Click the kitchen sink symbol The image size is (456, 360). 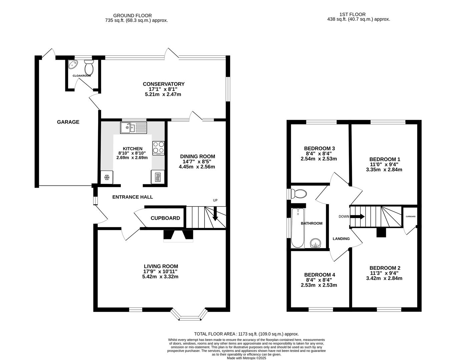133,127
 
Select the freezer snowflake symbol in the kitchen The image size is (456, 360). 107,177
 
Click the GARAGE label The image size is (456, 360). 68,122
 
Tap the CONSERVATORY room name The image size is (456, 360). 163,84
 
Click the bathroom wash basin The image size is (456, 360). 315,243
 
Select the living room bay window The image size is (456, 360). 188,315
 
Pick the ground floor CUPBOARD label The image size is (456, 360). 165,218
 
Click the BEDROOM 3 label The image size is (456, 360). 319,148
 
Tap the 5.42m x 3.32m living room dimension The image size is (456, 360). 160,277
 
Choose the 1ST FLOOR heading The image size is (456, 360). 352,14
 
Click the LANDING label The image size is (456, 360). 341,239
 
